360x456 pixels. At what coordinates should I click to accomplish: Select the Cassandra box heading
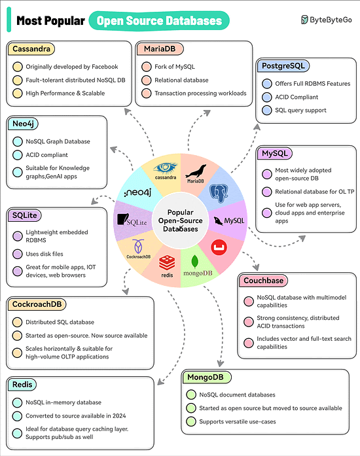point(31,49)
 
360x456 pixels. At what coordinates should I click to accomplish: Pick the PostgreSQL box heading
point(282,66)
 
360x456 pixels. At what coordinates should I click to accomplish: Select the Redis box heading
point(22,385)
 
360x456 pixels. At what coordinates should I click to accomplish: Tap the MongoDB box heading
point(206,377)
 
